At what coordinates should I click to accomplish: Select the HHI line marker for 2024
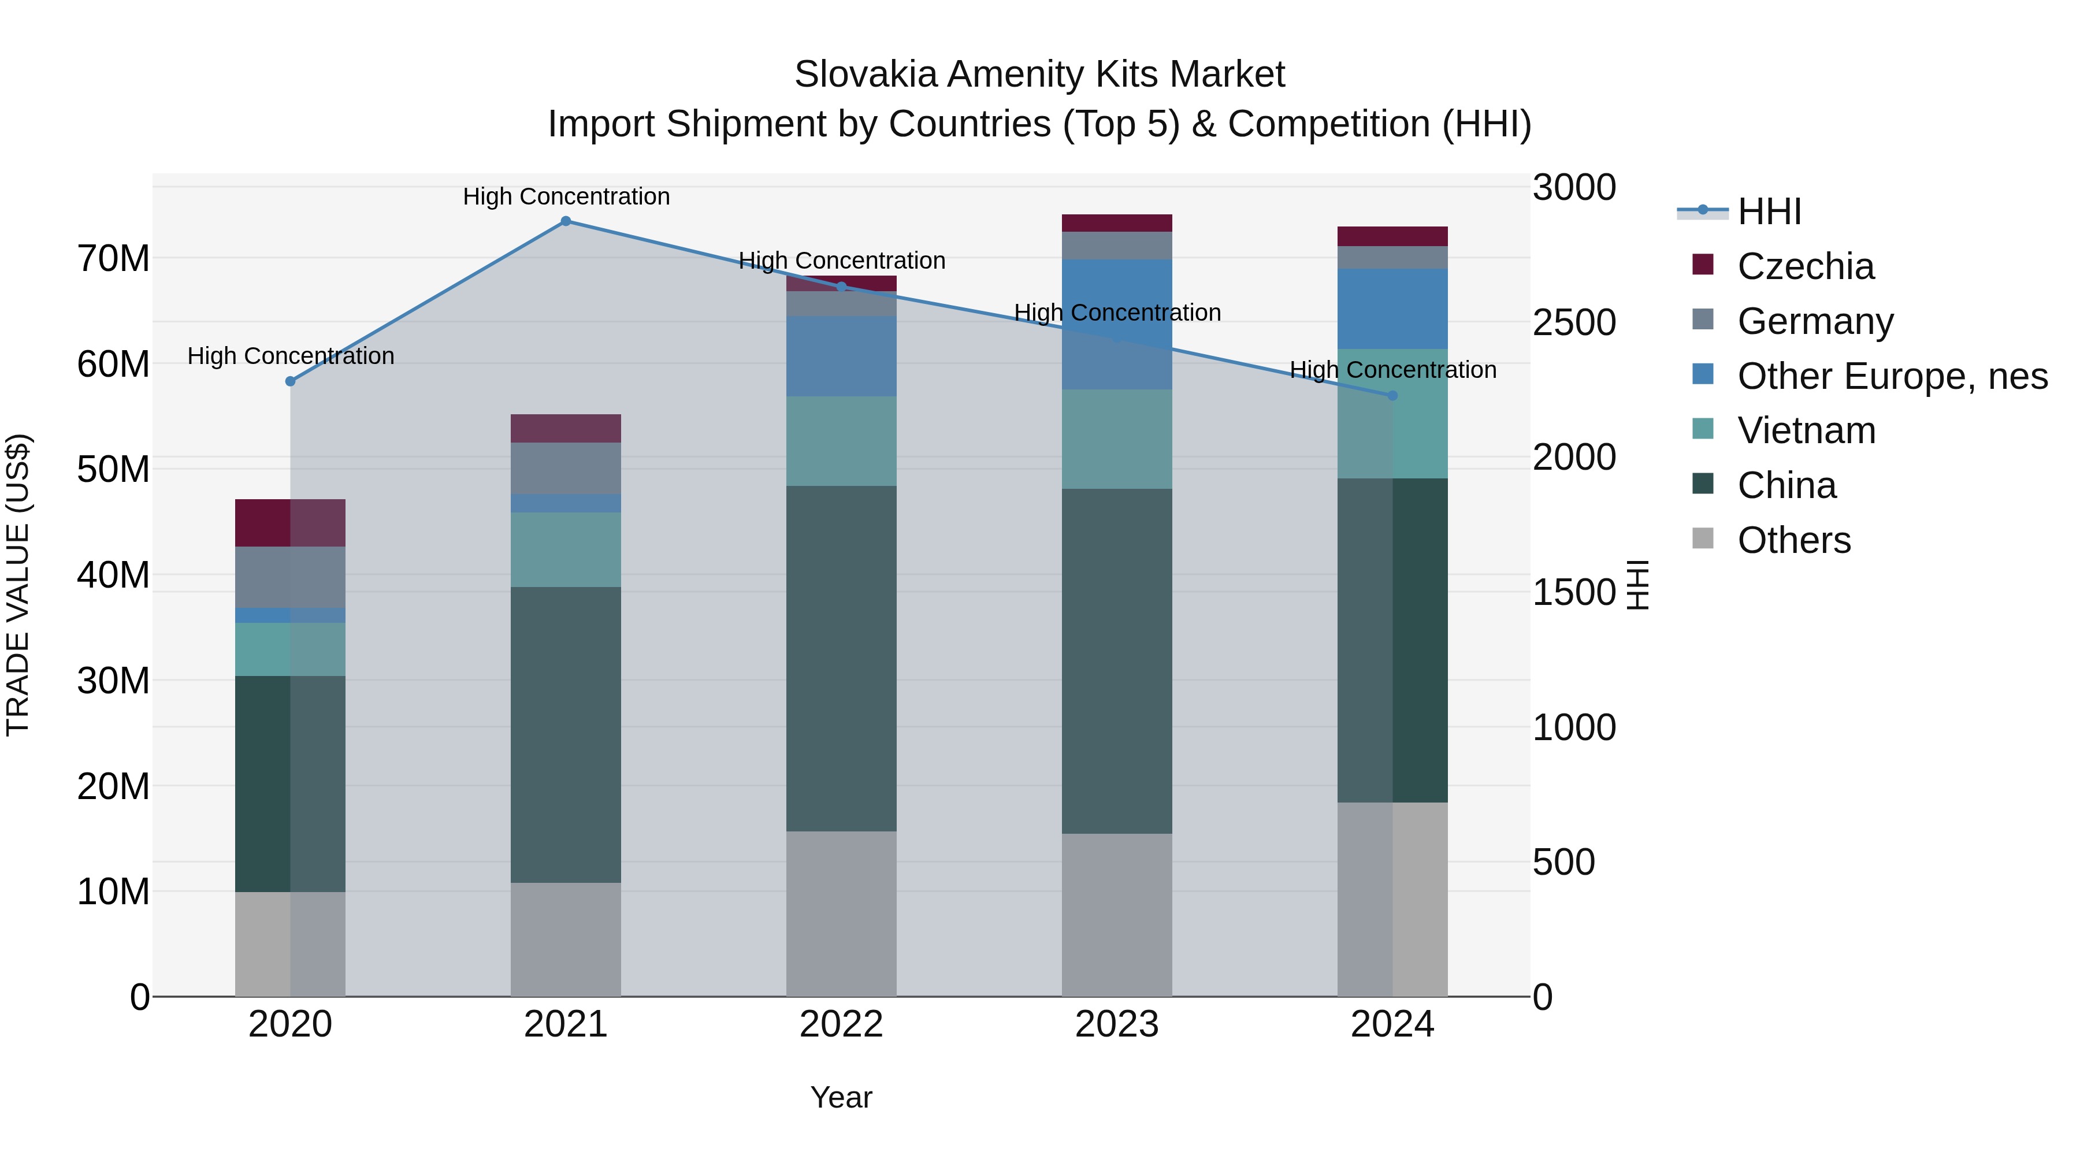pos(1392,396)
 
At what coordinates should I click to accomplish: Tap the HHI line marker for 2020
pos(291,381)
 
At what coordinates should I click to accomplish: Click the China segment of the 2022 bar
pos(841,658)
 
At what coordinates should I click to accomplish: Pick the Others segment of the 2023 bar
pos(1117,914)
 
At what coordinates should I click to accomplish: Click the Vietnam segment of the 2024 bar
pos(1392,414)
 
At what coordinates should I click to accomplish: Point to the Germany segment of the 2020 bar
pos(291,577)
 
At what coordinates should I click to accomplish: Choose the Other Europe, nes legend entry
pos(1892,376)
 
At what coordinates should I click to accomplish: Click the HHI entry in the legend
pos(1769,211)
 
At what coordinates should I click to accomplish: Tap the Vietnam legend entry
pos(1806,430)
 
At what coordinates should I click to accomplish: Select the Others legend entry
pos(1793,540)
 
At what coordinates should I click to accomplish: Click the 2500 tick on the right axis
pos(1574,322)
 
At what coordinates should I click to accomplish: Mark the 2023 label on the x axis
pos(1117,1024)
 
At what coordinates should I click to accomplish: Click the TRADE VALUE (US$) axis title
pos(18,585)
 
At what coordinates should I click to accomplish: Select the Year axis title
pos(841,1097)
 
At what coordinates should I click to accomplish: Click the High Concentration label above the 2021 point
pos(566,196)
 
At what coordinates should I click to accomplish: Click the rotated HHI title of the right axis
pos(1637,585)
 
